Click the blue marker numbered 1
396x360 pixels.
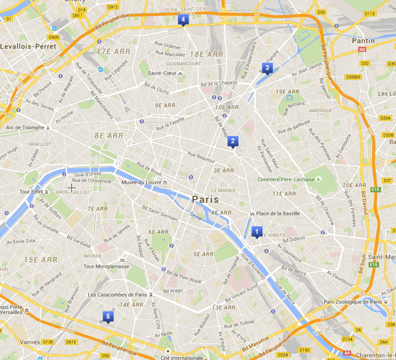(x=257, y=232)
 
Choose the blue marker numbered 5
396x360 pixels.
(x=108, y=317)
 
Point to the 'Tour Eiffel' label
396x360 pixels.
(x=30, y=192)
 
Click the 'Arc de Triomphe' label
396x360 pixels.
(x=25, y=127)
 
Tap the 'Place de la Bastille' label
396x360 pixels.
(x=281, y=214)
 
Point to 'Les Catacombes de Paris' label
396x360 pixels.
(x=118, y=295)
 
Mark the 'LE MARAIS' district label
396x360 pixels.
(x=223, y=190)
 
